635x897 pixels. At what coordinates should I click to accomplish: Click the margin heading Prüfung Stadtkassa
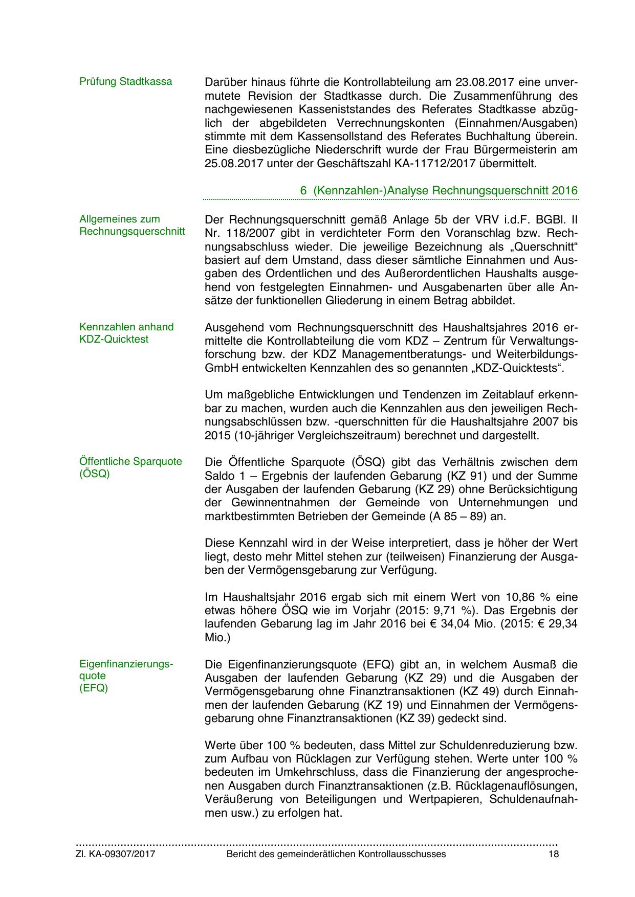tap(125, 81)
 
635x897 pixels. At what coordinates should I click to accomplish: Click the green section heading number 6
tap(303, 190)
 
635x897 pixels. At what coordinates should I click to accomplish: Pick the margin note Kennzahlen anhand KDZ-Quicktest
tap(126, 333)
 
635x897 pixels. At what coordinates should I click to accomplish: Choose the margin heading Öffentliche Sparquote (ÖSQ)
tap(130, 467)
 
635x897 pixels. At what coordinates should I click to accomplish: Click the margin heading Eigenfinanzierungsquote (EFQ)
tap(126, 676)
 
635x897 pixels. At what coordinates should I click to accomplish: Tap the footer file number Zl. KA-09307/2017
tap(116, 854)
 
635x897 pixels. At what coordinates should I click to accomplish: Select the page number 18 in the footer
tap(553, 854)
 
